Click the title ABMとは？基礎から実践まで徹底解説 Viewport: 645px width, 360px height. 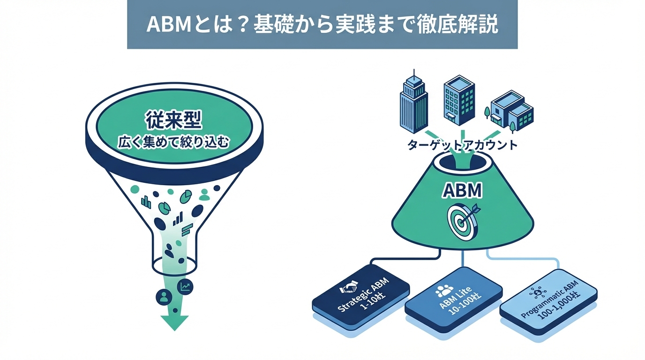click(x=322, y=25)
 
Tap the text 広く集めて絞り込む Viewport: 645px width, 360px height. click(x=173, y=142)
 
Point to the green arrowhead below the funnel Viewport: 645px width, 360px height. click(x=174, y=322)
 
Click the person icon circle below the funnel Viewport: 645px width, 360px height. click(x=164, y=296)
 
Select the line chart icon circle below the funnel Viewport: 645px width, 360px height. click(x=185, y=286)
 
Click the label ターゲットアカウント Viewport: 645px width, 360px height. click(x=463, y=145)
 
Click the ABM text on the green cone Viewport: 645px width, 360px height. click(x=463, y=191)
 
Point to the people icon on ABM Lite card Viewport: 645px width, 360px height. click(x=443, y=291)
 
